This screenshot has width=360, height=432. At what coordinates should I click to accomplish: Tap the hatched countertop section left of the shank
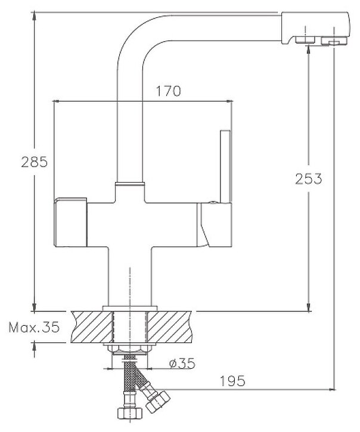pyautogui.click(x=90, y=326)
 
